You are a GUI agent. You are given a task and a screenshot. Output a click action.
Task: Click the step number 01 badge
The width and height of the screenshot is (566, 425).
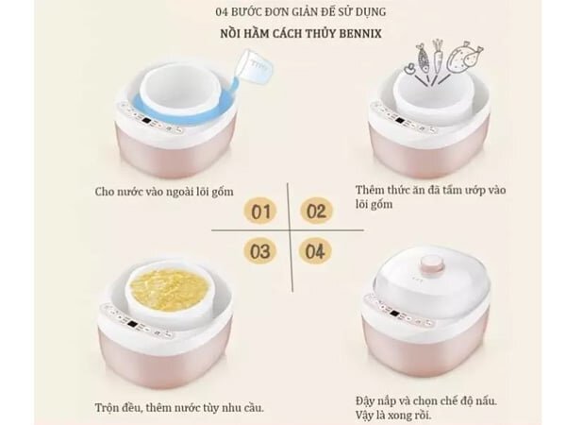(x=260, y=211)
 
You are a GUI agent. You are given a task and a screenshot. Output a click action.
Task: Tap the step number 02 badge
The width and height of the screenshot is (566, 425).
(x=316, y=211)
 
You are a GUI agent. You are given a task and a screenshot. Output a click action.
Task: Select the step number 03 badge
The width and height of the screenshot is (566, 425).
(x=260, y=251)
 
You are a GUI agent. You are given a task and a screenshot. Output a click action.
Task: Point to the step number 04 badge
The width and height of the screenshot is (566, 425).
(x=315, y=251)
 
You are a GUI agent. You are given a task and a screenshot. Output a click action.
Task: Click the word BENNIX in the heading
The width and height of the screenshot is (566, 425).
(x=360, y=34)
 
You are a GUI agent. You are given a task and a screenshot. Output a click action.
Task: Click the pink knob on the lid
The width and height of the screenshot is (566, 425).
(x=431, y=264)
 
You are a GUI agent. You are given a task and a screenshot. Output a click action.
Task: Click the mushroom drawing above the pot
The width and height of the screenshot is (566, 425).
(x=409, y=69)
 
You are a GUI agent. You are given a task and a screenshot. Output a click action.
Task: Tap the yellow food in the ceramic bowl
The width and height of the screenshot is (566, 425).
(x=169, y=285)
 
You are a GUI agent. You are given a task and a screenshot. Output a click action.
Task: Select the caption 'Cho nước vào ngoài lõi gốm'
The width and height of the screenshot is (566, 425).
(x=164, y=192)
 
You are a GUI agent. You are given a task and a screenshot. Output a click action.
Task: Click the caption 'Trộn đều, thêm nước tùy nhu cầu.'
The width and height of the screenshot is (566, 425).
(x=179, y=408)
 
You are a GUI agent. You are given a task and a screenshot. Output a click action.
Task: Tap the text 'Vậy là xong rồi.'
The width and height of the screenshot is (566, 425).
(x=393, y=415)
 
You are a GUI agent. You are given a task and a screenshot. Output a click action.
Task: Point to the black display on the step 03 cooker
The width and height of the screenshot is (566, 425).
(x=132, y=324)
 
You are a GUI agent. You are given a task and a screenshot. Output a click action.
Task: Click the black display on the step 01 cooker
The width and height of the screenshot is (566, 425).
(x=146, y=121)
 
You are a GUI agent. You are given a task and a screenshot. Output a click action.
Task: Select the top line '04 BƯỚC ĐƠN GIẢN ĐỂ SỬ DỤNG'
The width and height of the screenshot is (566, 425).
(x=301, y=12)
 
